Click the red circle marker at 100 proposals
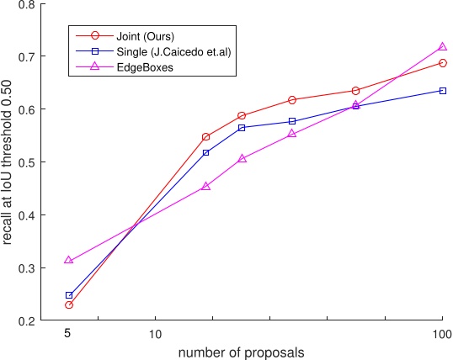coord(442,63)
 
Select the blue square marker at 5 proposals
coord(69,295)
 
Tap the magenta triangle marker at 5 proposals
coord(69,261)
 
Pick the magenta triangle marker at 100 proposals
coord(442,47)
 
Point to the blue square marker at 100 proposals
coord(442,91)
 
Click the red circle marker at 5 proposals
coord(69,304)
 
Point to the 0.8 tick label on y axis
coord(26,5)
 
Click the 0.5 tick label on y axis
coord(26,162)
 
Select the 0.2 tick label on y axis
coord(26,320)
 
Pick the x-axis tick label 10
coord(155,333)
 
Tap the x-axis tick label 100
coord(442,333)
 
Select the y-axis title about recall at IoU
coord(8,162)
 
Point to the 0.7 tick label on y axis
coord(26,57)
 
